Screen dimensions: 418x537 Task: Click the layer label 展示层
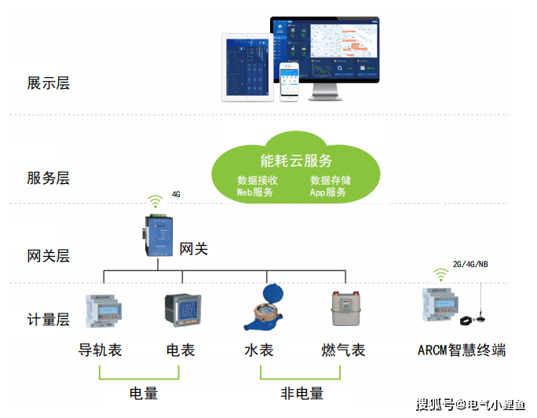[48, 83]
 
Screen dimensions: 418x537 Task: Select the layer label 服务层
[48, 178]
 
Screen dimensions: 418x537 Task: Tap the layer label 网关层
[48, 255]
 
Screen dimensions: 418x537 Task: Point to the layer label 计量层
[48, 320]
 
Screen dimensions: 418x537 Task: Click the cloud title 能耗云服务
[296, 161]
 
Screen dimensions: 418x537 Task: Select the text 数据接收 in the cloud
[258, 180]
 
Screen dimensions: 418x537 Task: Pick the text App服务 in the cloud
[328, 192]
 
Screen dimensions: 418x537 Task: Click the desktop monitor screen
[326, 50]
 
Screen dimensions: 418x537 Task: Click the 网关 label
[194, 249]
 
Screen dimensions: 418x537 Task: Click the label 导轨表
[100, 350]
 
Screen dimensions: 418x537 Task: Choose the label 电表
[181, 350]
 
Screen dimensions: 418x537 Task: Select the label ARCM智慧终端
[462, 350]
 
